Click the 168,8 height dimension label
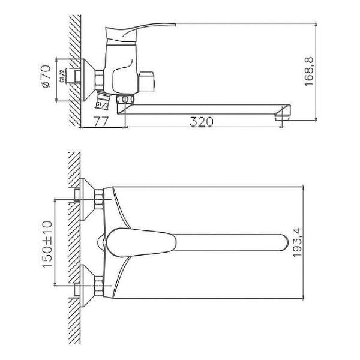click(x=309, y=71)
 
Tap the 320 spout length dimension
click(x=202, y=122)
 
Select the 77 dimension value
click(x=101, y=121)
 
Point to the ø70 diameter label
click(x=46, y=76)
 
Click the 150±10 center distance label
click(x=47, y=244)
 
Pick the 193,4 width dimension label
click(x=298, y=243)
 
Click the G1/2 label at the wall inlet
click(x=62, y=76)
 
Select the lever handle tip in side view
click(x=173, y=25)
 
